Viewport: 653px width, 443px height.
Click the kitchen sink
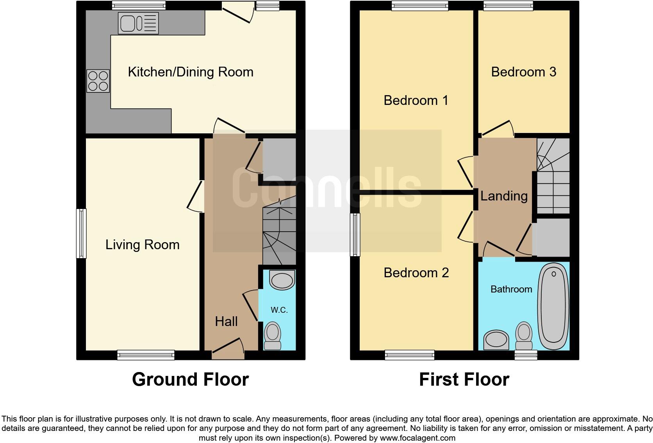(x=138, y=23)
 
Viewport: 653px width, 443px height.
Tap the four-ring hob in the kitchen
(x=98, y=81)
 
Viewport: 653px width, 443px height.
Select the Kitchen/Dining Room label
(x=191, y=72)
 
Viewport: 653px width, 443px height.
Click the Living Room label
(x=143, y=245)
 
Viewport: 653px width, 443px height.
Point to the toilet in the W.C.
(x=273, y=336)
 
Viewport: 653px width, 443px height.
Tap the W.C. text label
(x=279, y=310)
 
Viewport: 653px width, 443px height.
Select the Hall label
(x=226, y=321)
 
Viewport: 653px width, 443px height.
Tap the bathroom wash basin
(x=496, y=340)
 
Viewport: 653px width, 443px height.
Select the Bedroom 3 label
(x=523, y=72)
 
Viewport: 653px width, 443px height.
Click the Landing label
(x=504, y=196)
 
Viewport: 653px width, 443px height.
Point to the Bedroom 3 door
(x=497, y=129)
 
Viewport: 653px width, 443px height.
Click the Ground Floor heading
(x=190, y=379)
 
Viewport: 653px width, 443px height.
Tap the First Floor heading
(x=464, y=379)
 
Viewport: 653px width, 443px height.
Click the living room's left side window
(x=81, y=233)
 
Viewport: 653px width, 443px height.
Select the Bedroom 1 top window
(x=420, y=5)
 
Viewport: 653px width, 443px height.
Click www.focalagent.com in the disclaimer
(x=417, y=438)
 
